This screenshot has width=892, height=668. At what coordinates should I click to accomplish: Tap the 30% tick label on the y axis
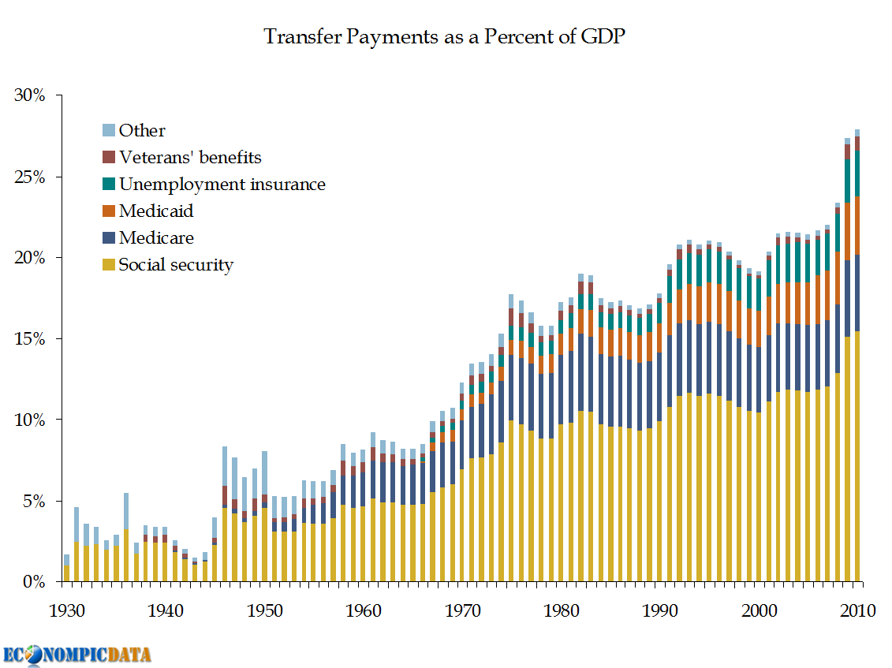(x=31, y=95)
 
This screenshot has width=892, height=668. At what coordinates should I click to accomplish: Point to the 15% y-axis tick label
(x=31, y=339)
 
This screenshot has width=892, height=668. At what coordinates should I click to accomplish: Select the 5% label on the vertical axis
(x=35, y=501)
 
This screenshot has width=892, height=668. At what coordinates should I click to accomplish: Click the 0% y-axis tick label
(x=35, y=582)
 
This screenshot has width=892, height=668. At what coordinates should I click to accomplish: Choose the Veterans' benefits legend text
(x=190, y=157)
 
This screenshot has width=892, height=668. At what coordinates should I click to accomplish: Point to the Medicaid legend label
(x=156, y=211)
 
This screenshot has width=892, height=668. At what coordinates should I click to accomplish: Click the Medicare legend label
(x=156, y=237)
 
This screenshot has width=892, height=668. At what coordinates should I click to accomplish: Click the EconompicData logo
(x=77, y=655)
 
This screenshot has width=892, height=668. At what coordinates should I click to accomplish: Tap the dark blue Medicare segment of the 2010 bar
(x=857, y=293)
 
